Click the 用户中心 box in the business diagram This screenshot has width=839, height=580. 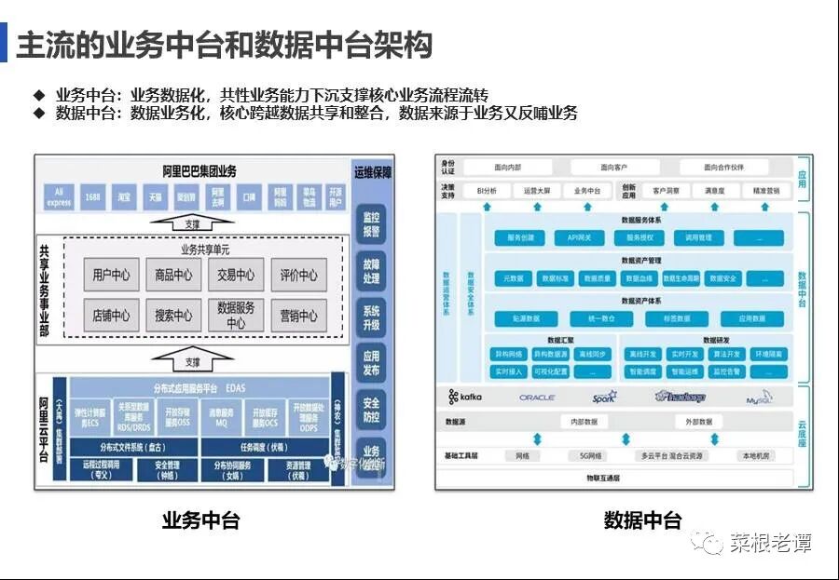point(112,275)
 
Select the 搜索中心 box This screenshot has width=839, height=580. point(173,316)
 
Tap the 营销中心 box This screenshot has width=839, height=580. point(298,316)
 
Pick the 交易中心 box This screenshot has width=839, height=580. point(236,275)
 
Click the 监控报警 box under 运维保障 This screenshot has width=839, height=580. point(371,224)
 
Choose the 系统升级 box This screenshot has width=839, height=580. point(371,317)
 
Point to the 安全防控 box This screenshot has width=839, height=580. point(371,410)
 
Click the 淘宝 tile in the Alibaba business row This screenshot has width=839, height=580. point(123,197)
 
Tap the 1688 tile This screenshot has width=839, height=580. point(91,197)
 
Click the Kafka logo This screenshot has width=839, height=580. point(466,398)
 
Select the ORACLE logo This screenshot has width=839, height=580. point(537,398)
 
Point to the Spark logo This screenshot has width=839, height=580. point(603,398)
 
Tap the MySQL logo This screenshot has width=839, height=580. point(759,398)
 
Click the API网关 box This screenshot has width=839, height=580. point(580,238)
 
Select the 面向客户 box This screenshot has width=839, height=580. point(613,168)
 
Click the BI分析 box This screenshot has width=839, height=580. point(487,191)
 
